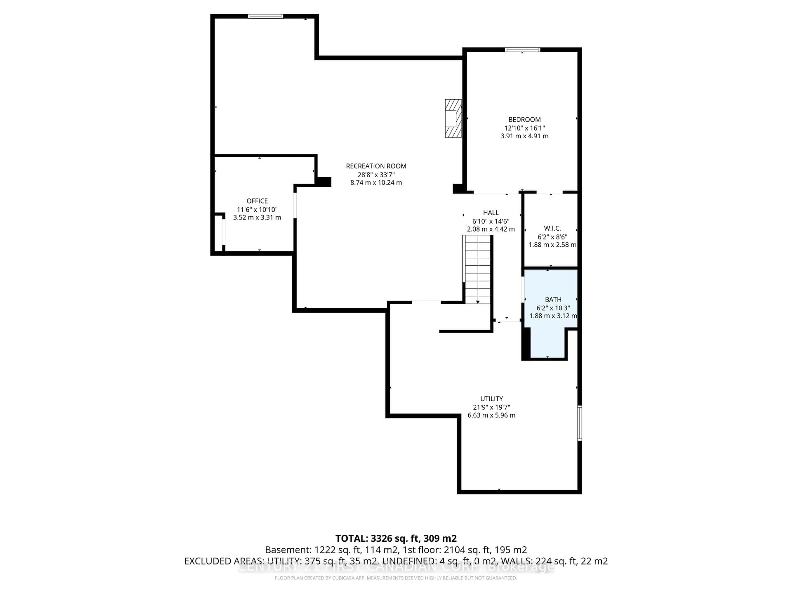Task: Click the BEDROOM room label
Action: coord(524,120)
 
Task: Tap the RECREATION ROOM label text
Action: coord(376,166)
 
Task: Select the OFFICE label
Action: coord(257,201)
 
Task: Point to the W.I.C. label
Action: coord(552,228)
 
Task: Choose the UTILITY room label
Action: coord(491,398)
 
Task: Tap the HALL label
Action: coord(490,213)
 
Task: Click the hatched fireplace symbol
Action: coord(453,119)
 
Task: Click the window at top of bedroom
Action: coord(522,50)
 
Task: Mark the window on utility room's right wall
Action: coord(579,423)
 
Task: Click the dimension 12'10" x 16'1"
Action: coord(524,128)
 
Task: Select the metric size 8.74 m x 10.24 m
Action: coord(376,183)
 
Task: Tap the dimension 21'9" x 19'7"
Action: coord(491,407)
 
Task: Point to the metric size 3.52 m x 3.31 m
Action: coord(257,217)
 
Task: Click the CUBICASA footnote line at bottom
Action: coord(396,578)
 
